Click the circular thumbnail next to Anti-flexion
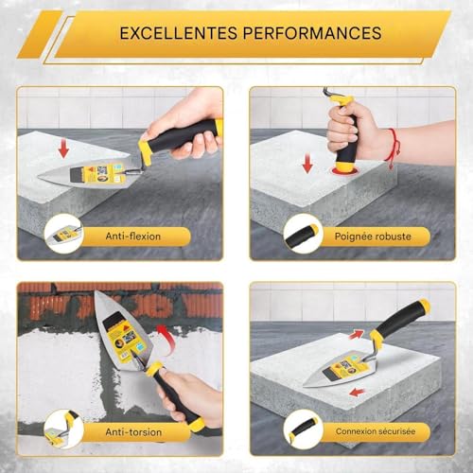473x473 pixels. click(x=62, y=233)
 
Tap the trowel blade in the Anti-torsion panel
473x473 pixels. click(x=118, y=326)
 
